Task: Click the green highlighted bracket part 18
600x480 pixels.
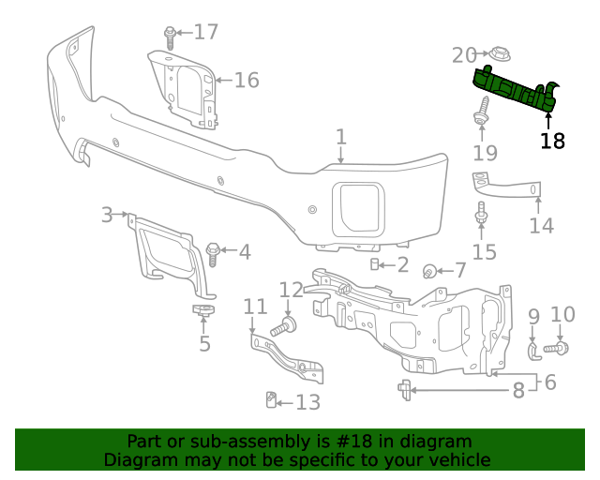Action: pyautogui.click(x=515, y=90)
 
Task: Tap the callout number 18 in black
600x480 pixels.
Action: pyautogui.click(x=552, y=142)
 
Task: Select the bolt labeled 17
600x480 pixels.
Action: pyautogui.click(x=170, y=37)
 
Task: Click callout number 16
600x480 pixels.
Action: pyautogui.click(x=246, y=81)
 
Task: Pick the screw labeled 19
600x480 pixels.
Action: pyautogui.click(x=483, y=111)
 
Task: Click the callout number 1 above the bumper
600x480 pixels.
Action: pyautogui.click(x=341, y=138)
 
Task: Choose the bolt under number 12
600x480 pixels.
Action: pyautogui.click(x=283, y=328)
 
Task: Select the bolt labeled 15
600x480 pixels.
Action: pyautogui.click(x=481, y=215)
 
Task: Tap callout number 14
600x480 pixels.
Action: pyautogui.click(x=541, y=226)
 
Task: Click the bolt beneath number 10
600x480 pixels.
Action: pyautogui.click(x=556, y=349)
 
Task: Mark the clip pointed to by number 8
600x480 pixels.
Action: pyautogui.click(x=404, y=389)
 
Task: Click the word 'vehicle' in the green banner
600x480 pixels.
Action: pyautogui.click(x=458, y=460)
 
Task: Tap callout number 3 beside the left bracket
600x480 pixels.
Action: pyautogui.click(x=107, y=216)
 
